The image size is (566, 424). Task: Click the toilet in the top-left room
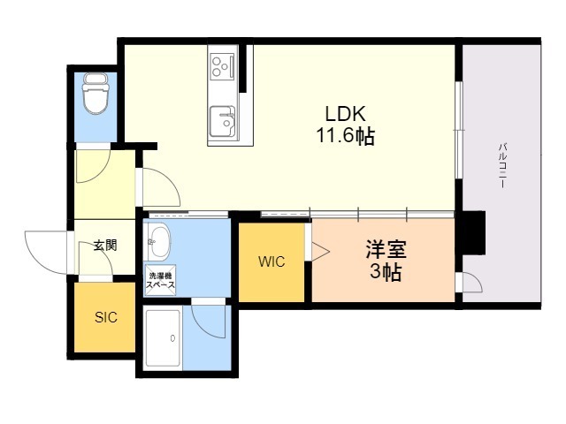tap(94, 95)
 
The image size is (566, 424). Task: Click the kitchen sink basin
tap(221, 118)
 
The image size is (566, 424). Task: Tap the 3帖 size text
tap(386, 272)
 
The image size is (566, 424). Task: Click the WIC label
tap(272, 261)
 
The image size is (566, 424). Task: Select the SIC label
tap(106, 317)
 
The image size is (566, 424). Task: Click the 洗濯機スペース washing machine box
tap(160, 282)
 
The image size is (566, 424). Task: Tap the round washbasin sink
tap(159, 239)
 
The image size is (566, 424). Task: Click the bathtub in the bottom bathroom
tap(163, 337)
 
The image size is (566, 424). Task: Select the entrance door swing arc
tap(46, 249)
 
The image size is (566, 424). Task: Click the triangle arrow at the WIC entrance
tap(317, 250)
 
